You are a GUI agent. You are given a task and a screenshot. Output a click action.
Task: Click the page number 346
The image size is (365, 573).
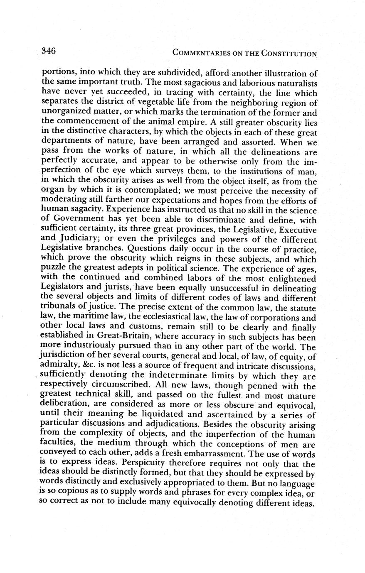tap(49, 51)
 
